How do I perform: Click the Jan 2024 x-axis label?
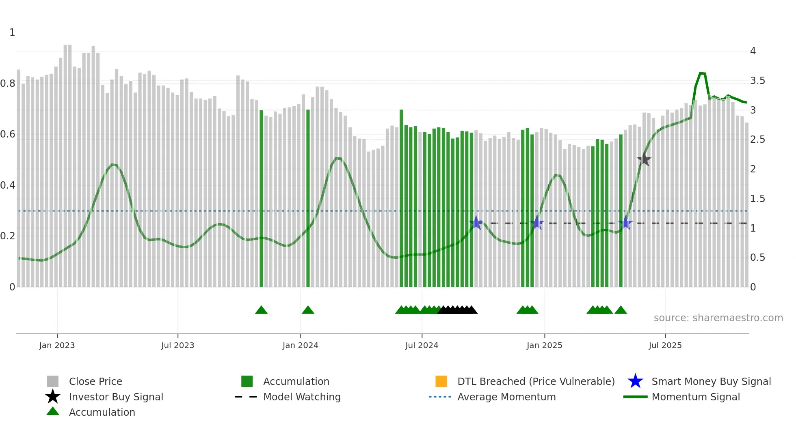point(300,345)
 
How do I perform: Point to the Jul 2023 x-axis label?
point(177,345)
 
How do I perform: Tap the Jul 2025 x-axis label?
point(665,345)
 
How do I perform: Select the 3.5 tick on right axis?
point(757,81)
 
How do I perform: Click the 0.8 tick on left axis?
point(8,84)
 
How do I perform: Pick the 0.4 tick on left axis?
point(8,185)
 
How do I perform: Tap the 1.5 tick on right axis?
point(757,199)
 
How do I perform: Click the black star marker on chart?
point(644,160)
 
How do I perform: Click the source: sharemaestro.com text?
point(718,318)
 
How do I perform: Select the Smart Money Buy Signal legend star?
point(635,381)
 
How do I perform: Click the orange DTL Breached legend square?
point(441,381)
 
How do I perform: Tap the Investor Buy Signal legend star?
point(53,397)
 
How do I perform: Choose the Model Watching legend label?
point(302,397)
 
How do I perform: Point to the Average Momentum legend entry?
point(506,397)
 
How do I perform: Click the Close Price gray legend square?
point(53,381)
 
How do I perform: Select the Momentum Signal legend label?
point(695,397)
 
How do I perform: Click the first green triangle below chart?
point(261,310)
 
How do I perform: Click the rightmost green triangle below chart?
point(621,310)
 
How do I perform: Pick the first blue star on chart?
point(476,223)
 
